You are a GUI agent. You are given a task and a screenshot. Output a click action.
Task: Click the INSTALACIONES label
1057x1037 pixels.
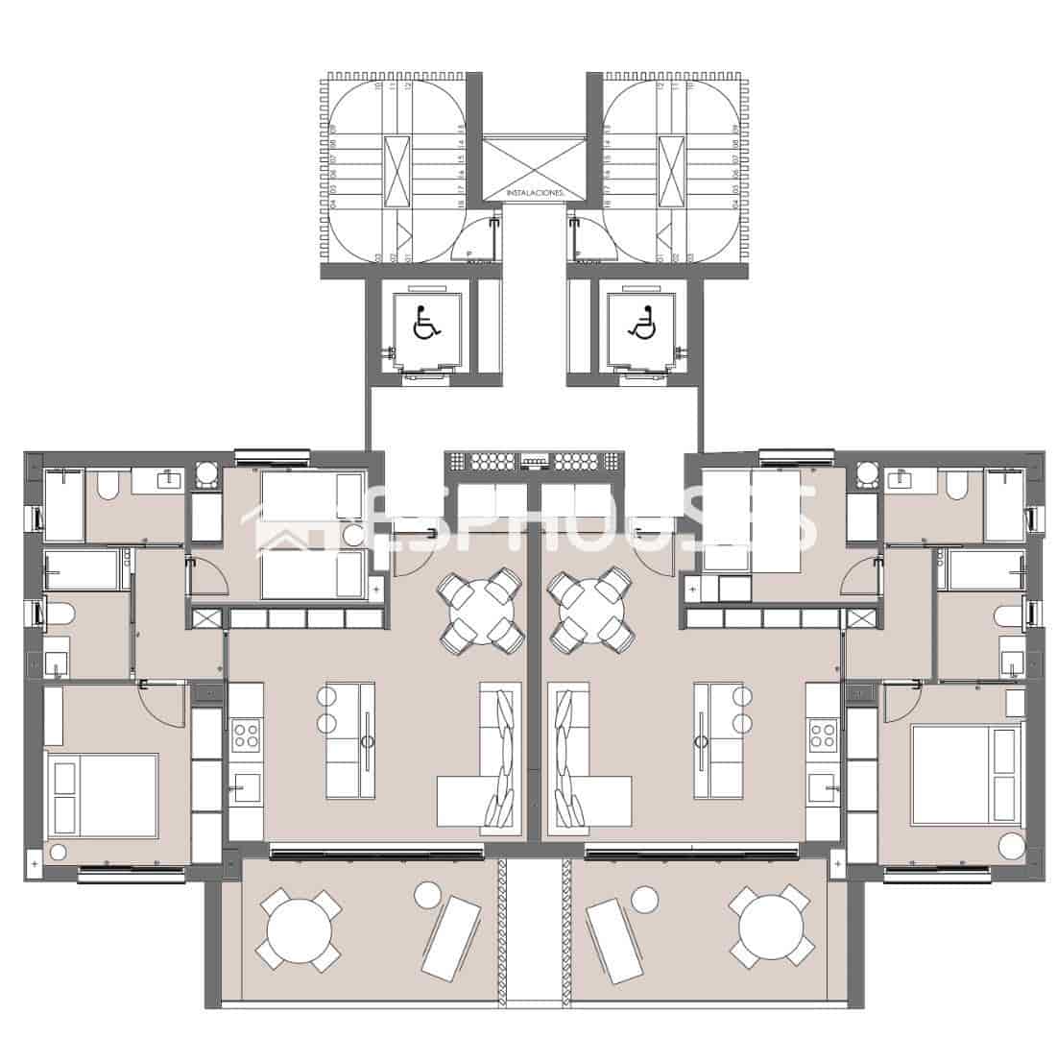535,193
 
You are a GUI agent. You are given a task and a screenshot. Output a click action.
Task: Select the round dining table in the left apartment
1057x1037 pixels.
479,609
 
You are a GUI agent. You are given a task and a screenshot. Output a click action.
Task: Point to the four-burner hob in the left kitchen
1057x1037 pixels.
247,735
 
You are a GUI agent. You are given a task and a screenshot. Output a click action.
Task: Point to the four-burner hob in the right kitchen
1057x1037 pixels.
823,735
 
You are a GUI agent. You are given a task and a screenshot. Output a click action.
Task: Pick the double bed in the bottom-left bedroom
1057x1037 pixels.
104,795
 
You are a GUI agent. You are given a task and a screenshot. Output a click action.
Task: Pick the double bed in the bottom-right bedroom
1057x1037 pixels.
967,774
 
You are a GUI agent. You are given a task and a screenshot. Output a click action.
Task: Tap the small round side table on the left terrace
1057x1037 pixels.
427,895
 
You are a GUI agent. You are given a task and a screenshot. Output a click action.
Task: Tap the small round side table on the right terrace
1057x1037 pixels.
644,899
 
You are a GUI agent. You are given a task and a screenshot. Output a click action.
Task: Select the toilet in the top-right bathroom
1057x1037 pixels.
955,486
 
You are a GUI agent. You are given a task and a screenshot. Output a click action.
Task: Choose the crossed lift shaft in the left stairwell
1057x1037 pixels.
396,171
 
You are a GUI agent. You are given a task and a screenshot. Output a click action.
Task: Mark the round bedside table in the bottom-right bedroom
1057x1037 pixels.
1011,846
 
